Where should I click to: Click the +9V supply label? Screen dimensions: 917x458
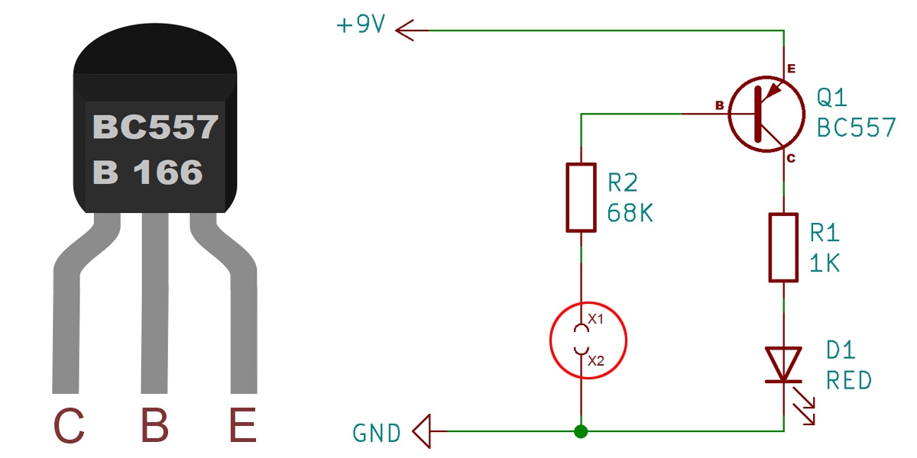(x=360, y=24)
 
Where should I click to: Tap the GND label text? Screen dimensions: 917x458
(x=377, y=433)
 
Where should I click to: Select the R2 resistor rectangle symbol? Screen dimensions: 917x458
(x=581, y=198)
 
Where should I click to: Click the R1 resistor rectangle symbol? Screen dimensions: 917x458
(x=783, y=247)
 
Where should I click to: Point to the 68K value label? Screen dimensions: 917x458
(x=630, y=213)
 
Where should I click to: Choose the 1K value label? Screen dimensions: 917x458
(x=825, y=263)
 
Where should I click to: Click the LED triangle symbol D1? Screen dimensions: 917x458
(x=783, y=365)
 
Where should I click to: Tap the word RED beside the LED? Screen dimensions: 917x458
(x=849, y=381)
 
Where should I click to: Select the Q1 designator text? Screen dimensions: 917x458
(x=831, y=98)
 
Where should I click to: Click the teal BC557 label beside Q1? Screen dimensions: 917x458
(x=857, y=127)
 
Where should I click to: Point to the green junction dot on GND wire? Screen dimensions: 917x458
(x=581, y=431)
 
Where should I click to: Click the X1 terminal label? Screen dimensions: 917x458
(x=595, y=319)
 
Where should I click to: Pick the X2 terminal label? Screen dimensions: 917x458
(x=596, y=360)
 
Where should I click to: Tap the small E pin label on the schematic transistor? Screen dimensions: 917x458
(x=792, y=69)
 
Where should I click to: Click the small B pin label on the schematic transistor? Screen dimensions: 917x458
(x=720, y=105)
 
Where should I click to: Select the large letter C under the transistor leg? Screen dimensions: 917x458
(x=69, y=425)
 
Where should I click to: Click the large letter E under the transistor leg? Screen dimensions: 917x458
(x=243, y=425)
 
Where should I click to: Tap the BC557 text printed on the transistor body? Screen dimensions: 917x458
(x=155, y=127)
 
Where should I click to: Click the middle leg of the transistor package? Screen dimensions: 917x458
(x=154, y=302)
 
